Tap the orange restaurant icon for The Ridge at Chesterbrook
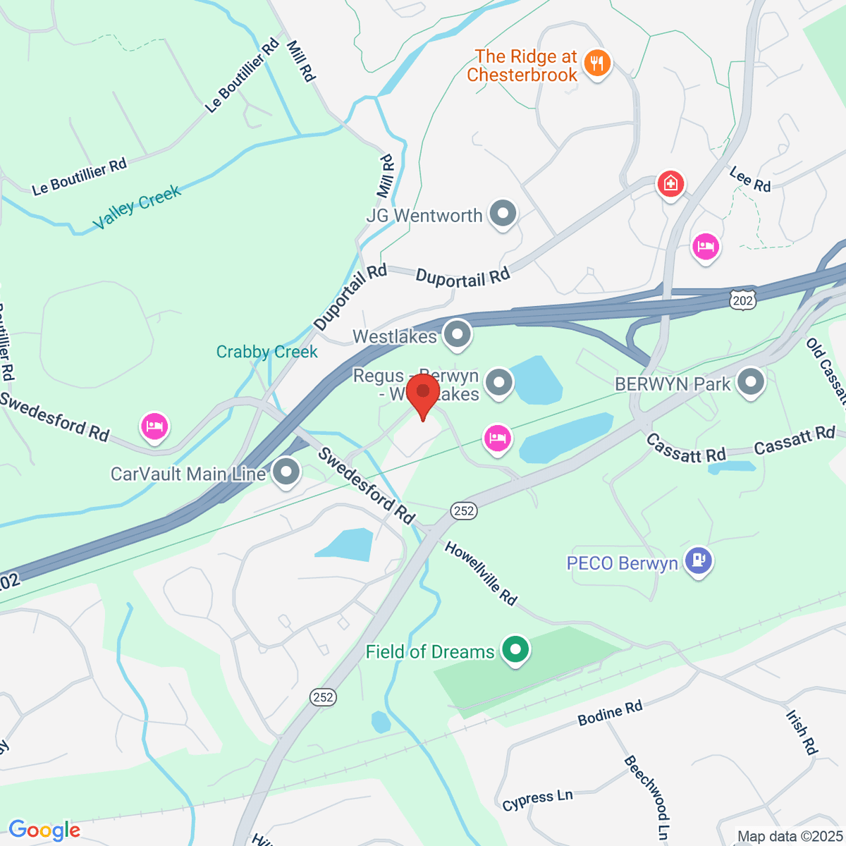pos(597,63)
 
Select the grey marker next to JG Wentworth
pos(503,214)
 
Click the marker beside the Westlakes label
pos(458,334)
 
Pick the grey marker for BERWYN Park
pos(750,383)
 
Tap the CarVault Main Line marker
pos(286,472)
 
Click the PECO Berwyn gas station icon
pos(699,561)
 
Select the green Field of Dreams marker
pos(515,649)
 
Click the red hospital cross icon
pos(670,185)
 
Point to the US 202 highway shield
pos(743,300)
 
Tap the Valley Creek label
pos(137,207)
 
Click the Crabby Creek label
pos(267,352)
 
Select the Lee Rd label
pos(750,179)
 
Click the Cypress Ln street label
pos(537,800)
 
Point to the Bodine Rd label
pos(610,713)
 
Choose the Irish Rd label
pos(801,733)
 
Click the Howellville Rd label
pos(481,573)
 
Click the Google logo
pos(44,830)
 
